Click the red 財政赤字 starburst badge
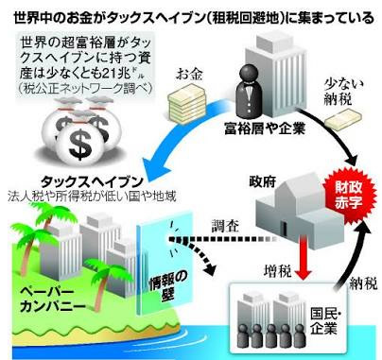click(348, 195)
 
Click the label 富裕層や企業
click(265, 129)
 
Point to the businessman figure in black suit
click(250, 91)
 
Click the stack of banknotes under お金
click(186, 105)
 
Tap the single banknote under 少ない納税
click(343, 118)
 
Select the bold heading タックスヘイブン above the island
click(93, 182)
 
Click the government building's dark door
click(284, 230)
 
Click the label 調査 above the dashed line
click(225, 226)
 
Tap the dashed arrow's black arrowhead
click(210, 268)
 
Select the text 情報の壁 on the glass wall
click(166, 286)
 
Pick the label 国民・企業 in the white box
click(325, 321)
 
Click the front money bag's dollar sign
click(80, 144)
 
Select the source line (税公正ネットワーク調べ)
click(84, 89)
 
